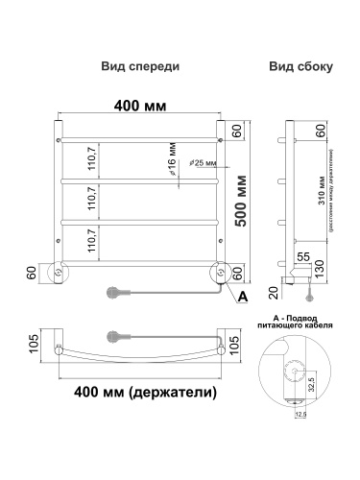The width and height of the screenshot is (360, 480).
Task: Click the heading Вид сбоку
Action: coord(300,67)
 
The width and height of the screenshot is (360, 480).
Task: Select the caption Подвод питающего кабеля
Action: coord(301,321)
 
